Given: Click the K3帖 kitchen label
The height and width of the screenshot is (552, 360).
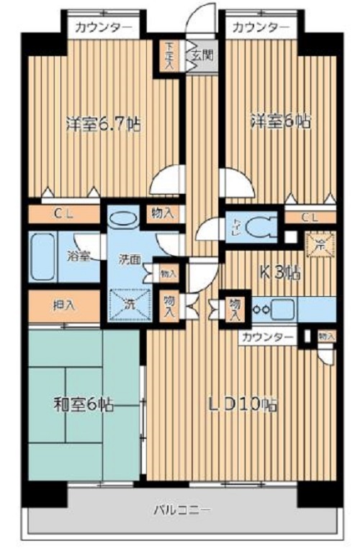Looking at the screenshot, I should (280, 272).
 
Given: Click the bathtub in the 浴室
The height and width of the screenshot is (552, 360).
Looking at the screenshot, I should (46, 257).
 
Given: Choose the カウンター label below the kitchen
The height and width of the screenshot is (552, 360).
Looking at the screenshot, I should (267, 336).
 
